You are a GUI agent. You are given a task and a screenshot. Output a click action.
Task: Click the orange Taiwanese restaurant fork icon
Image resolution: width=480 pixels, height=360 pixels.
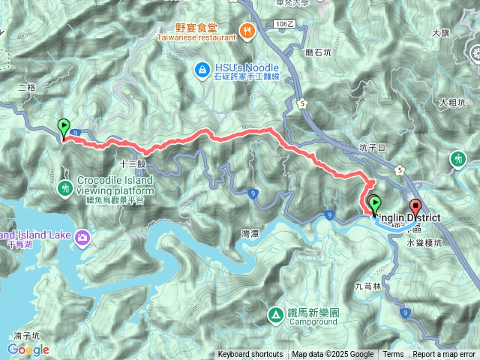point(248,31)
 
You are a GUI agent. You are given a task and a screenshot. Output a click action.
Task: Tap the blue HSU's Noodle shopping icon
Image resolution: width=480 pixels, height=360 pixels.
point(200,70)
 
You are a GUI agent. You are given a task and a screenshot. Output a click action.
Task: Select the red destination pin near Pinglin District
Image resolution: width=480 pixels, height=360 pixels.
point(415,207)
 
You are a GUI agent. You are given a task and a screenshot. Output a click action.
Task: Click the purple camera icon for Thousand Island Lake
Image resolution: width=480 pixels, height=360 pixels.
point(82,238)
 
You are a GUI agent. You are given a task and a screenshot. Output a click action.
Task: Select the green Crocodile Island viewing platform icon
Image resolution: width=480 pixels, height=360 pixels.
point(66,186)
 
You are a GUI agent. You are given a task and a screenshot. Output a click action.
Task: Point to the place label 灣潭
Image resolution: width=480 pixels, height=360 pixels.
point(250,234)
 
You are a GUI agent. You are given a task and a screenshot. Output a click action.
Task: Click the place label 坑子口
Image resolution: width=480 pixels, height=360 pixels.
point(372,148)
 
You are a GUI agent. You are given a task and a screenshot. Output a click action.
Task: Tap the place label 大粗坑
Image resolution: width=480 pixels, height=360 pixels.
point(453,102)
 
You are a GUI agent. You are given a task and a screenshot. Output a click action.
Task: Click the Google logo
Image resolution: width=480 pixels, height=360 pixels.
point(28,349)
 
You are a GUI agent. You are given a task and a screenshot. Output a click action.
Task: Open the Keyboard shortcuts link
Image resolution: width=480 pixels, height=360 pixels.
point(250,355)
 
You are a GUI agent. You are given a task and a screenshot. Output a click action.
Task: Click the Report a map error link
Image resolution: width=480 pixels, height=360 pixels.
point(444,355)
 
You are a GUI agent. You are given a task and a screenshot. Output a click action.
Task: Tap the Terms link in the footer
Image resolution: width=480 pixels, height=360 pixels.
point(393,355)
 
